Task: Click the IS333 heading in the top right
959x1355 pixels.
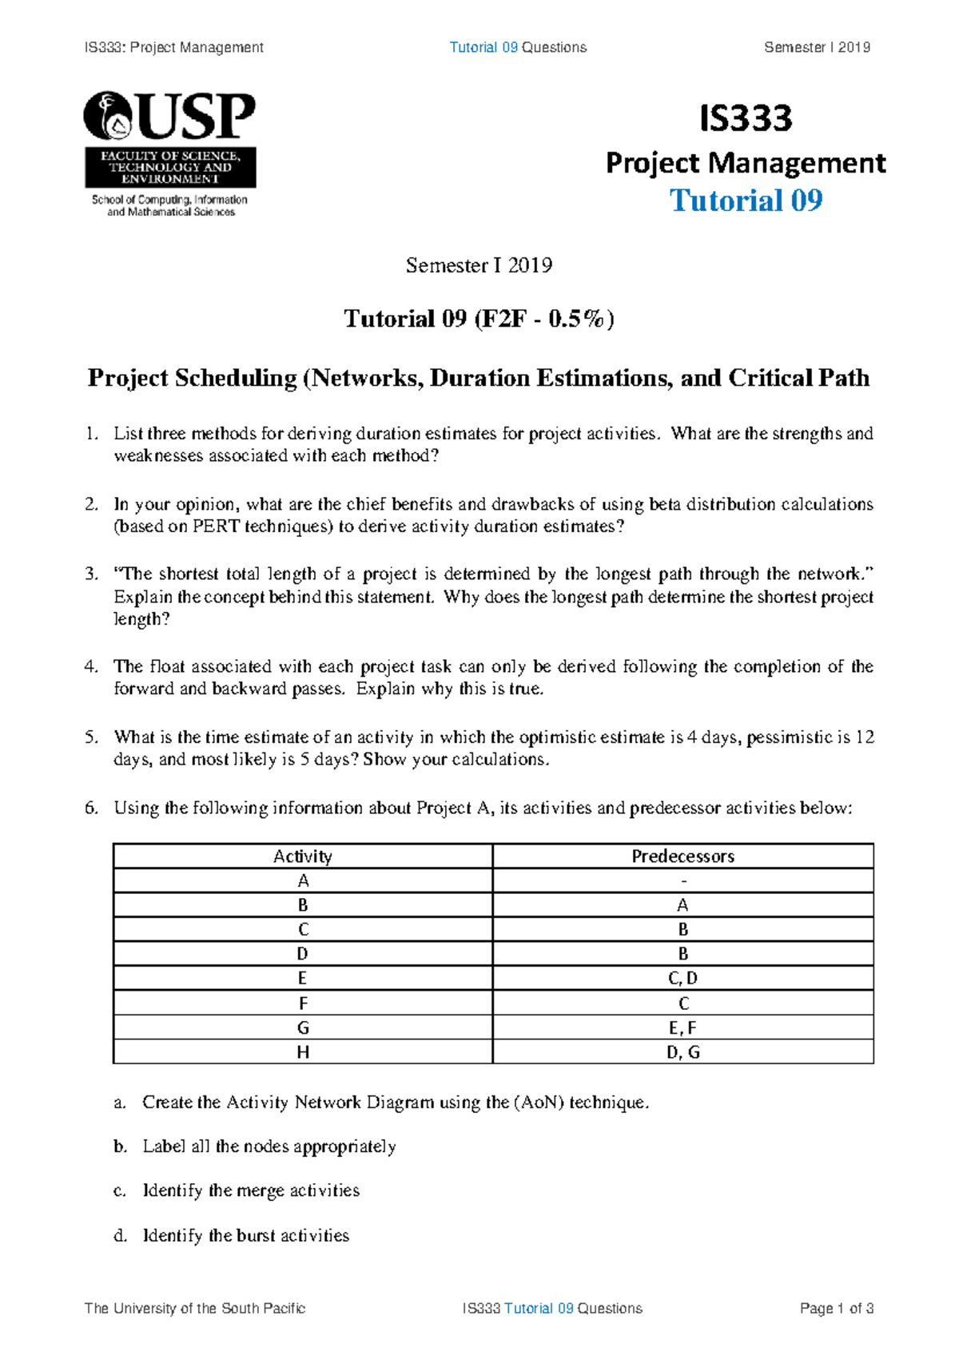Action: (745, 118)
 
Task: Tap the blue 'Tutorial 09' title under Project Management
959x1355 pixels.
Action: (745, 201)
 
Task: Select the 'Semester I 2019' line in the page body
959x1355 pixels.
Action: (479, 265)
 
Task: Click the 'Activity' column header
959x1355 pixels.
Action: (302, 856)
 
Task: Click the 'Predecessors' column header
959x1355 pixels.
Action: (682, 856)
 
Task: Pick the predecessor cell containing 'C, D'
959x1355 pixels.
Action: (682, 978)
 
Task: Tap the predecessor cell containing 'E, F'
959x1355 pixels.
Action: (682, 1027)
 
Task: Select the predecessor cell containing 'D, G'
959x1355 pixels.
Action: (682, 1052)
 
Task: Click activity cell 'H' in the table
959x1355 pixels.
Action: (302, 1052)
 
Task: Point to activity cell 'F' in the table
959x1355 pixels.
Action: (302, 1003)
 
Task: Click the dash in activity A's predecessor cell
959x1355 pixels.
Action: (683, 881)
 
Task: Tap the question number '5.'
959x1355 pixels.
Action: (91, 737)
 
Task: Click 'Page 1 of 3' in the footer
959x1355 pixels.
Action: (836, 1309)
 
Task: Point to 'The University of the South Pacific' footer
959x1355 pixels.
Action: (194, 1309)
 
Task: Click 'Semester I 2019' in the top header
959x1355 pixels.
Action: (817, 47)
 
